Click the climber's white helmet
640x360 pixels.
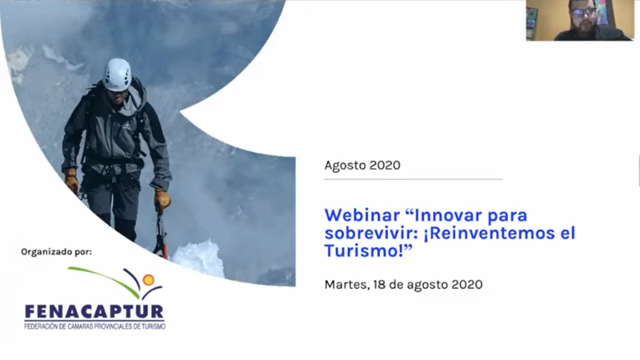[x=117, y=74]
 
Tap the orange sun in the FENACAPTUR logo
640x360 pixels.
[x=148, y=280]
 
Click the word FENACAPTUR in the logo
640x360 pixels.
[x=94, y=312]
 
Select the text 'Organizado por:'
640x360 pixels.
[x=56, y=252]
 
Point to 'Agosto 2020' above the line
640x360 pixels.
[x=362, y=165]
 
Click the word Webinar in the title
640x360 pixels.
[x=362, y=215]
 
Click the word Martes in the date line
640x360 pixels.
[x=347, y=284]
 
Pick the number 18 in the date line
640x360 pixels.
[x=379, y=284]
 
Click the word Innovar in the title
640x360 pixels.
[x=446, y=215]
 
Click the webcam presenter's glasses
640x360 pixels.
[x=583, y=12]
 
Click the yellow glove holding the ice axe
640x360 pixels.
[x=162, y=201]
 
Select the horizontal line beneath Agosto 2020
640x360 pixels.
[x=413, y=179]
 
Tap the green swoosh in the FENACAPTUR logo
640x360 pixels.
[x=104, y=281]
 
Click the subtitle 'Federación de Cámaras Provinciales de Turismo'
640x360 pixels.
[x=95, y=326]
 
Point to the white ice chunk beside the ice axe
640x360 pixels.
[x=198, y=258]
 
